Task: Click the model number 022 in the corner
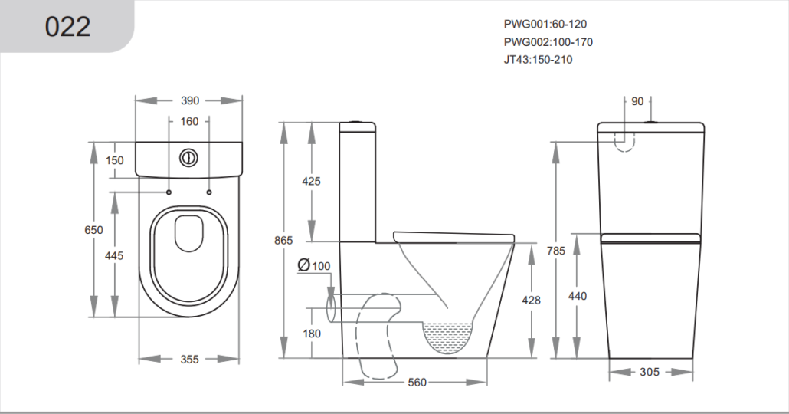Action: pyautogui.click(x=67, y=27)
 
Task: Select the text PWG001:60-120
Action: pyautogui.click(x=545, y=24)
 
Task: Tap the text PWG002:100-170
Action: pyautogui.click(x=548, y=42)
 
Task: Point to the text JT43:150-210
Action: pyautogui.click(x=538, y=60)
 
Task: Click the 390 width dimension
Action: pyautogui.click(x=190, y=100)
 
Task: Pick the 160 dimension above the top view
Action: pyautogui.click(x=189, y=121)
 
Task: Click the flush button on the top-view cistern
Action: pyautogui.click(x=188, y=158)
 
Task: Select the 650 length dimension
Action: pyautogui.click(x=93, y=230)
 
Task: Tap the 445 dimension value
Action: pyautogui.click(x=114, y=256)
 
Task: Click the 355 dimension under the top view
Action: pyautogui.click(x=190, y=359)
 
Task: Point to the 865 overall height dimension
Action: pyautogui.click(x=283, y=240)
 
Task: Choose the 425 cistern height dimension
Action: pyautogui.click(x=311, y=181)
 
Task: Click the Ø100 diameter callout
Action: pyautogui.click(x=314, y=265)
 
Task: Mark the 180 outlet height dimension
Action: pyautogui.click(x=312, y=333)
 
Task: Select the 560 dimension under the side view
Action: pyautogui.click(x=417, y=383)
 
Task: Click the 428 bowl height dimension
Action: pyautogui.click(x=531, y=301)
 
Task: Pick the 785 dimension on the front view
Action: pyautogui.click(x=556, y=250)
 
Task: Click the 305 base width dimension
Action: pyautogui.click(x=649, y=372)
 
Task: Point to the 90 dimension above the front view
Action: pyautogui.click(x=637, y=101)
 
